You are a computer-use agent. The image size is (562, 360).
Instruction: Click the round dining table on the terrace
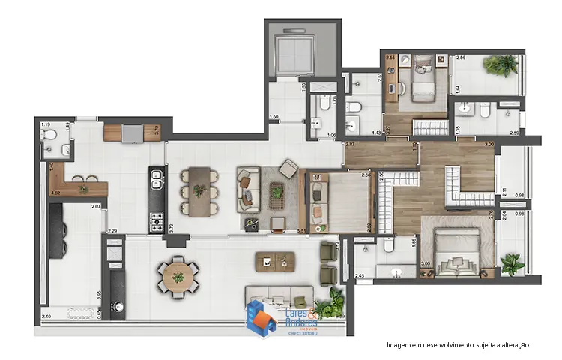click(x=178, y=275)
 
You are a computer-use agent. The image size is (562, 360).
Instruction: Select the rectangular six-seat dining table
click(x=199, y=191)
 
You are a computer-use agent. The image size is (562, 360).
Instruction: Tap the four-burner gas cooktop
click(x=157, y=221)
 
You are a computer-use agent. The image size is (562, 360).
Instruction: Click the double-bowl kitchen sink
click(x=157, y=179)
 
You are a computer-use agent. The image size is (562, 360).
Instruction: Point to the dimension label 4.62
click(x=55, y=193)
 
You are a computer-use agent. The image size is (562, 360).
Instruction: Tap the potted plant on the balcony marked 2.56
click(x=497, y=64)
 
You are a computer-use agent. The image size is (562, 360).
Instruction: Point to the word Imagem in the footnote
click(x=400, y=345)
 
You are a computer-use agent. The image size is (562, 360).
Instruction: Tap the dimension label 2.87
click(x=350, y=143)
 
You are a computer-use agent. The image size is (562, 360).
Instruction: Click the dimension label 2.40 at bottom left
click(x=46, y=316)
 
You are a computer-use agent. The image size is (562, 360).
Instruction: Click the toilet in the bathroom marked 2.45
click(x=388, y=246)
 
